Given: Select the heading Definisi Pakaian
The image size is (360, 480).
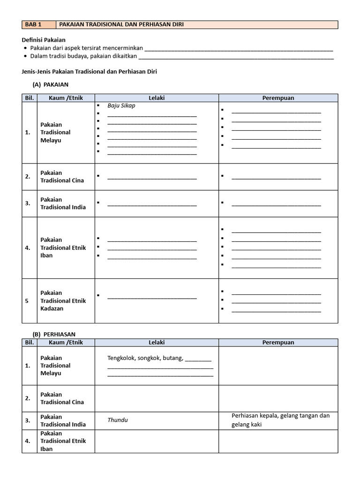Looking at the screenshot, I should pyautogui.click(x=44, y=40).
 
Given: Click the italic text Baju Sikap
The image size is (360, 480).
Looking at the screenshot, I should pyautogui.click(x=121, y=105).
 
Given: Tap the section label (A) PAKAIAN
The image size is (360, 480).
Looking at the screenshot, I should pyautogui.click(x=51, y=84).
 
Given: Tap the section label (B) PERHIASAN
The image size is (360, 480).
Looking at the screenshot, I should pyautogui.click(x=54, y=334).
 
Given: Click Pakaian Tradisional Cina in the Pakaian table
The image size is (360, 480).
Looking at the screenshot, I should pyautogui.click(x=62, y=177).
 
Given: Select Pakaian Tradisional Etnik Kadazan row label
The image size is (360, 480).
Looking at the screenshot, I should pyautogui.click(x=63, y=300).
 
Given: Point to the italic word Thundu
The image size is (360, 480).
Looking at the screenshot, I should pyautogui.click(x=117, y=420).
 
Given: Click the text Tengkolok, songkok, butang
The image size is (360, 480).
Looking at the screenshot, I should pyautogui.click(x=145, y=359).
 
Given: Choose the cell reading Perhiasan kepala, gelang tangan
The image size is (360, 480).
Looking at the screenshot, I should pyautogui.click(x=280, y=420).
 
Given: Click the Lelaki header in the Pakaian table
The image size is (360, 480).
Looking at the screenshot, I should pyautogui.click(x=157, y=98).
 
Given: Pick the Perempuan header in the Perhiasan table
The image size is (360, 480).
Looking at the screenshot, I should pyautogui.click(x=278, y=342).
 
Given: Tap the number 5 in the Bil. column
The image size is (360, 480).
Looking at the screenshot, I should pyautogui.click(x=27, y=301).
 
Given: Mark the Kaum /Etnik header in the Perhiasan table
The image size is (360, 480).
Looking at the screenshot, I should pyautogui.click(x=66, y=342).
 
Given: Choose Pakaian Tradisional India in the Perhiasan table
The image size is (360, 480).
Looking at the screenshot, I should pyautogui.click(x=63, y=420).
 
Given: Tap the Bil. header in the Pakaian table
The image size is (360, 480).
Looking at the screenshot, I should pyautogui.click(x=29, y=98).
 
